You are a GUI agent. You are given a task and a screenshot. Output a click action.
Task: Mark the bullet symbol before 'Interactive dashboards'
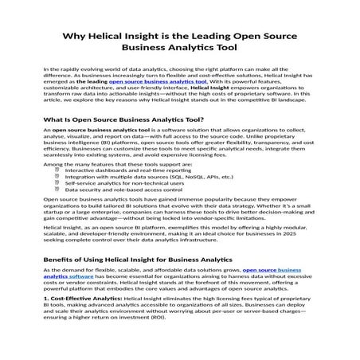click(x=57, y=193)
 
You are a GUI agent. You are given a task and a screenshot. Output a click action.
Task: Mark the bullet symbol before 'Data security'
click(x=57, y=212)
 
